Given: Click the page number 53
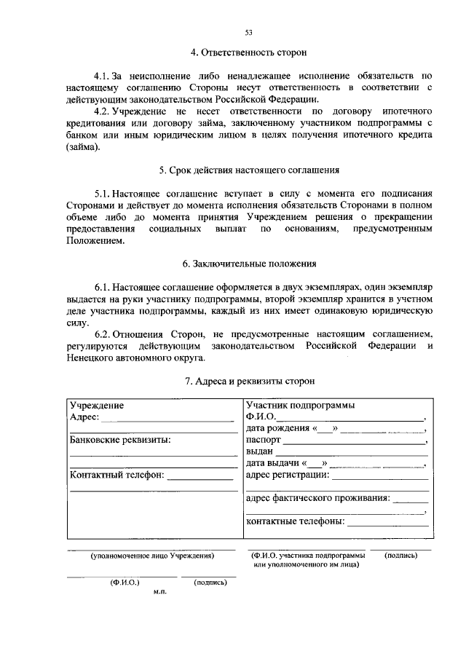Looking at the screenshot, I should click(248, 33).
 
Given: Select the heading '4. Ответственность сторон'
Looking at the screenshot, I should click(248, 52).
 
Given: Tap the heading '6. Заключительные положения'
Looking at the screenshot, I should click(248, 264).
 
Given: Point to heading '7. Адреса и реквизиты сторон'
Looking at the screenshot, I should click(248, 381).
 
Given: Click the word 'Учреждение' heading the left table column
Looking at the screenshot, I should click(96, 406).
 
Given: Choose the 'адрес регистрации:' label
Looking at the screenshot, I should click(288, 475).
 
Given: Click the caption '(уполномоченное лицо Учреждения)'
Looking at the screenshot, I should click(151, 556).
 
